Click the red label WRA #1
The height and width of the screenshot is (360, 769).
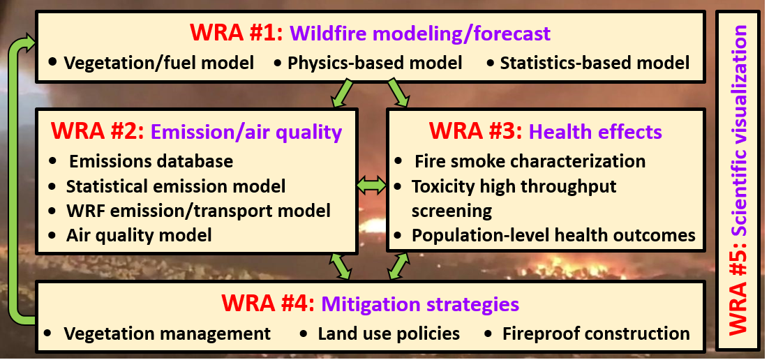235,33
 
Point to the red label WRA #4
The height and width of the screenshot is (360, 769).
268,304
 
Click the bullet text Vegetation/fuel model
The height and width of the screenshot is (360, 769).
158,63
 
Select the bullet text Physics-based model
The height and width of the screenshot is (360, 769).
375,63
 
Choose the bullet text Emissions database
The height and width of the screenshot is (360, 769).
150,161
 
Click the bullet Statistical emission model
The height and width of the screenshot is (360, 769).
175,186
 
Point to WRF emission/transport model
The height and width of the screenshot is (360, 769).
198,210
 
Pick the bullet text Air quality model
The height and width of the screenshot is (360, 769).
139,234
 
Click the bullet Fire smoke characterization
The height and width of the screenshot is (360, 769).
529,161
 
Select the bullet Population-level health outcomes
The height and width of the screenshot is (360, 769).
553,234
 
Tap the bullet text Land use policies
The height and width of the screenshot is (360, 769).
389,333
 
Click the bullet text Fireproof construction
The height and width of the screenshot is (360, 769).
596,333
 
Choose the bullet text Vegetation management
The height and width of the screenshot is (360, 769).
167,333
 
